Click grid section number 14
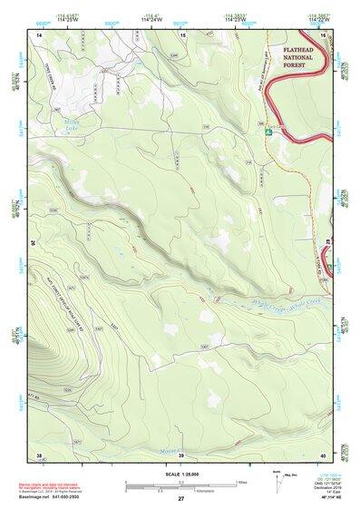click(x=40, y=34)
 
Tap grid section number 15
click(x=182, y=34)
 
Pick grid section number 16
click(x=322, y=34)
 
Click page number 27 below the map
click(x=180, y=498)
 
